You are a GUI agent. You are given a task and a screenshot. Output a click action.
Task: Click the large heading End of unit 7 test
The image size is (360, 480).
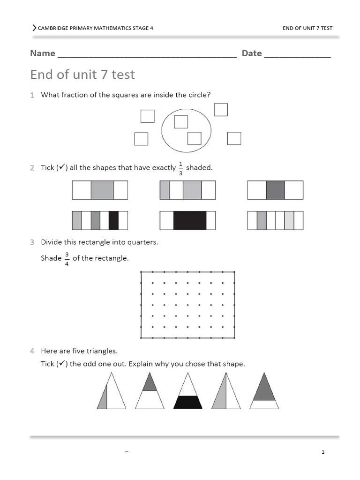point(82,75)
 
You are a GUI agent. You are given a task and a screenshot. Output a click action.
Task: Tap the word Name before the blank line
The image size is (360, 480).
point(43,53)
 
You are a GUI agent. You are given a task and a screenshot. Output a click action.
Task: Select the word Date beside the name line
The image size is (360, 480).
point(252,53)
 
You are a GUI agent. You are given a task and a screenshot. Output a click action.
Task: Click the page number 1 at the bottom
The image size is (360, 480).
point(323,452)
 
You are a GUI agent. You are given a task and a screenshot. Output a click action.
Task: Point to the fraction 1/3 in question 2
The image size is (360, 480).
point(181,168)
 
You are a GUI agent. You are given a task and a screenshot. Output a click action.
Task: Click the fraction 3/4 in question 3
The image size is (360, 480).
point(67,258)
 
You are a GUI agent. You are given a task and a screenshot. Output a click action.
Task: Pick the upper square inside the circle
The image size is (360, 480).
point(181,122)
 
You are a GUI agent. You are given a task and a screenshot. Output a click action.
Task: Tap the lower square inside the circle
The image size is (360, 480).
point(194,138)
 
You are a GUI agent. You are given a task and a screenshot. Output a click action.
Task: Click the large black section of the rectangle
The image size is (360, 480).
point(190,220)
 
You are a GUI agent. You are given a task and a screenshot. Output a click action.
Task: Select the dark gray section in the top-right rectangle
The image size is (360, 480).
point(275,190)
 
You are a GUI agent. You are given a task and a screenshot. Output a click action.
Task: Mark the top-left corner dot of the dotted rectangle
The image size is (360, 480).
point(141,272)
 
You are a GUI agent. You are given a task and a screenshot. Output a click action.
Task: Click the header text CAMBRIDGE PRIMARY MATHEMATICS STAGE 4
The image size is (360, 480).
point(95,28)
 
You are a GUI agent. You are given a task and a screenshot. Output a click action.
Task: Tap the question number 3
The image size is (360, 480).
point(32,242)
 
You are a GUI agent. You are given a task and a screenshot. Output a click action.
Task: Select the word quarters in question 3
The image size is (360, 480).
point(143,242)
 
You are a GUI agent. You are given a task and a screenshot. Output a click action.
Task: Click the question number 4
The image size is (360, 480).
point(32,351)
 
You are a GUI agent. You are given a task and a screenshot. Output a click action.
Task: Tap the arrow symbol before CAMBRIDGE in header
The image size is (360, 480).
point(34,28)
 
